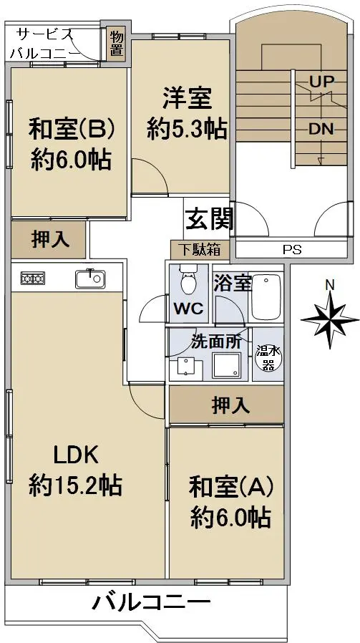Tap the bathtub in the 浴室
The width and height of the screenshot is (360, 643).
266,296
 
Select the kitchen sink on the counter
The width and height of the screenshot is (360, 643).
90,279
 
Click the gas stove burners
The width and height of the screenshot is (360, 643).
33,279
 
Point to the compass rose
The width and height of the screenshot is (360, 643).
330,319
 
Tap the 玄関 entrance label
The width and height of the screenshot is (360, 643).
210,219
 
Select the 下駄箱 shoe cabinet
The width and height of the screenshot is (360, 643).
199,249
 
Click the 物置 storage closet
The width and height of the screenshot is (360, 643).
116,44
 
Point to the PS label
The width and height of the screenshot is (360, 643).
292,249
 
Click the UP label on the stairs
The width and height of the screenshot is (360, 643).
321,81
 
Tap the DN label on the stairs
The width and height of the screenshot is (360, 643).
321,129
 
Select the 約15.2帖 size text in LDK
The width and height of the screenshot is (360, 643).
75,485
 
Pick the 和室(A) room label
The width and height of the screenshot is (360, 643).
231,487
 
